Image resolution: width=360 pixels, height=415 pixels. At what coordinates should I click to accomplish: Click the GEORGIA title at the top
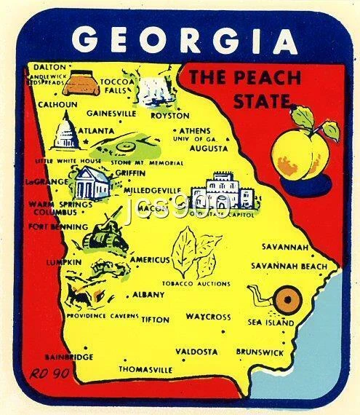[x=185, y=39]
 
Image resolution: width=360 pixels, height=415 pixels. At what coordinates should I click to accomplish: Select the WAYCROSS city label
[x=208, y=317]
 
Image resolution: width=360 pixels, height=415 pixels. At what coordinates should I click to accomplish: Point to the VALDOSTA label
[x=196, y=351]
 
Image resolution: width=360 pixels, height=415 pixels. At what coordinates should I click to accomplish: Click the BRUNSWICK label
[x=260, y=352]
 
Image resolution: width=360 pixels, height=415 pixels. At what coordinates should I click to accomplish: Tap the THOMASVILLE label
[x=145, y=369]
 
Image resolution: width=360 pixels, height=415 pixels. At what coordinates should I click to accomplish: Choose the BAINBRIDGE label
[x=68, y=357]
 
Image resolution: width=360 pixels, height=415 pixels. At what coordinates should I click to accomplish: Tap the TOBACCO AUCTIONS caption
[x=195, y=284]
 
